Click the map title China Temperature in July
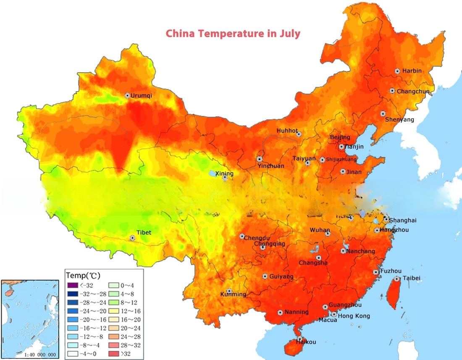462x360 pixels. pos(233,34)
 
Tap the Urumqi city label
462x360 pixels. pos(141,95)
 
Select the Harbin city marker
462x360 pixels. pos(397,71)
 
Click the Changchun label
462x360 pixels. pos(413,91)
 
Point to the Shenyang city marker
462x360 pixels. pos(383,113)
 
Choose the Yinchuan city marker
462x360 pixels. pos(260,159)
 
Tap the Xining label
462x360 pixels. pos(224,173)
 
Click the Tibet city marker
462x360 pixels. pos(133,238)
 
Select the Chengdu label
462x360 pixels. pos(257,238)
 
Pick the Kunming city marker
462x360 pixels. pos(229,291)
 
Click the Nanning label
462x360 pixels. pos(297,312)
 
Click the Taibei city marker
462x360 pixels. pos(397,279)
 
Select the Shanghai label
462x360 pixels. pos(403,220)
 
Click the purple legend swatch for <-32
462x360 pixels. pos(73,286)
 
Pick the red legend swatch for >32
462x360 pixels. pos(115,354)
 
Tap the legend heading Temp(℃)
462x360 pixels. pos(83,276)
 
